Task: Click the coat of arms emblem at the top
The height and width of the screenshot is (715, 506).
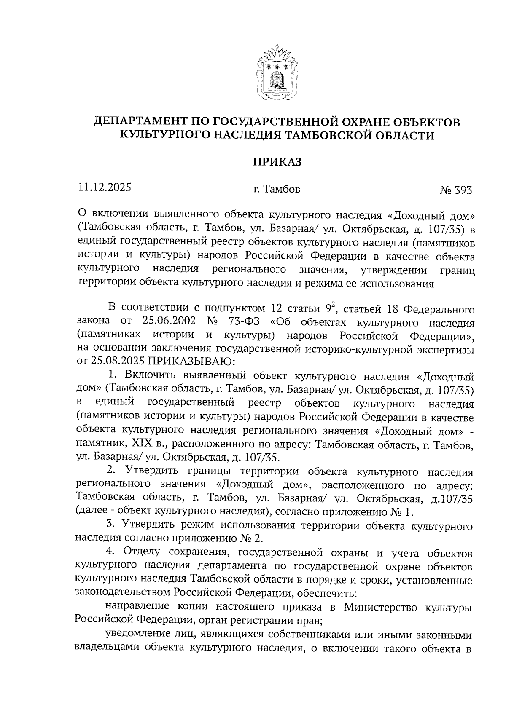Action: click(276, 72)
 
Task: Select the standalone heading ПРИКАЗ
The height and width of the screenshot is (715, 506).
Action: click(277, 162)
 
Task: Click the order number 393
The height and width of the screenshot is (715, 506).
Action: click(463, 190)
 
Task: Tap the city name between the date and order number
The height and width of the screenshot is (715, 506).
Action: click(277, 190)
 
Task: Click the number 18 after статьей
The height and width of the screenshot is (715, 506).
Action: click(393, 310)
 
